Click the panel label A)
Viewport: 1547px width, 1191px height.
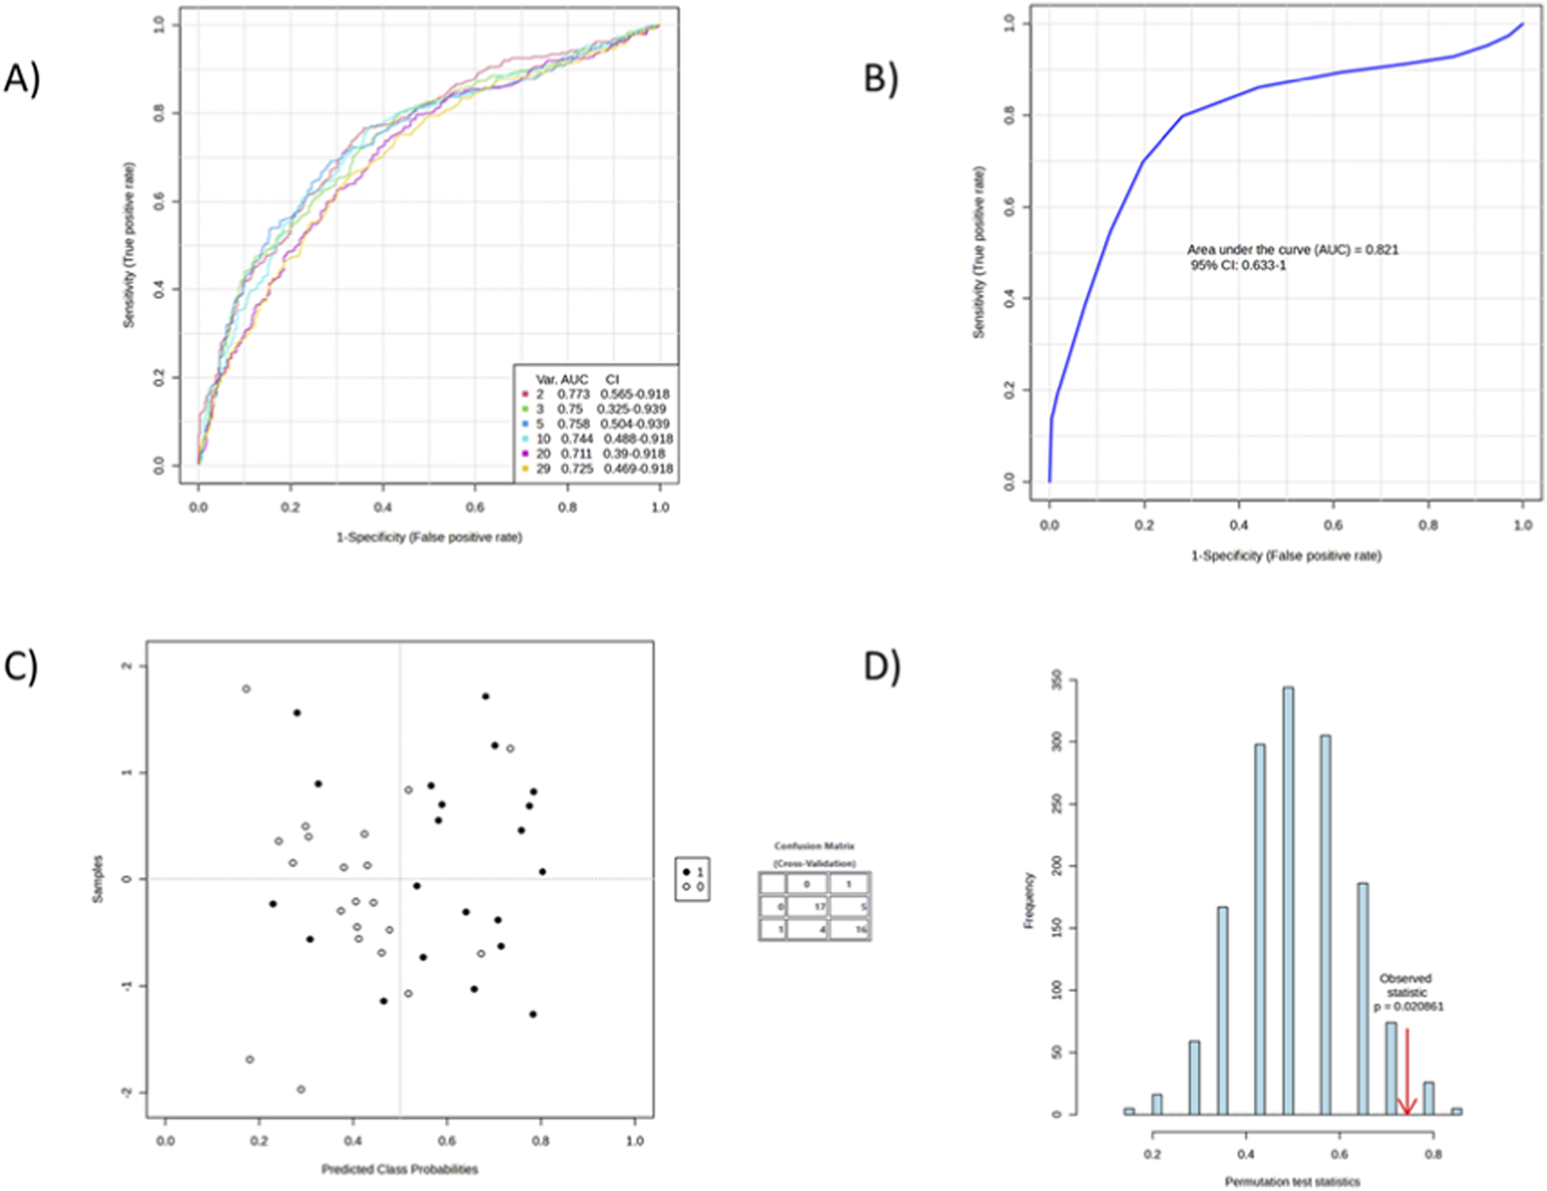coord(22,80)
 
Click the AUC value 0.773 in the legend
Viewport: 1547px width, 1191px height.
coord(573,394)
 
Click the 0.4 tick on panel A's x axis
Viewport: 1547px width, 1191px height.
coord(383,507)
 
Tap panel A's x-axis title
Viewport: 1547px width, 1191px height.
coord(429,537)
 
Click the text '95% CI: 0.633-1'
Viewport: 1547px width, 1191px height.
coord(1237,266)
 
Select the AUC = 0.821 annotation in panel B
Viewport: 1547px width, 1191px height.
coord(1293,250)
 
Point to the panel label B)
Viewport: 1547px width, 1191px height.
coord(881,80)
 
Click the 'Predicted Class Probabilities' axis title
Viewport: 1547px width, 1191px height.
coord(400,1169)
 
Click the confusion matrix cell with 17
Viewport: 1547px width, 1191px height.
coord(806,907)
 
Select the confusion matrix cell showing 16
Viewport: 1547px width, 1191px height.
coord(850,930)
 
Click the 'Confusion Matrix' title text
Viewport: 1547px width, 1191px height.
coord(814,846)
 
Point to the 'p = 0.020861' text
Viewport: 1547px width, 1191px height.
coord(1408,1007)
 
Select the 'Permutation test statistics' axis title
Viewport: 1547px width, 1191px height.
coord(1292,1181)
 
